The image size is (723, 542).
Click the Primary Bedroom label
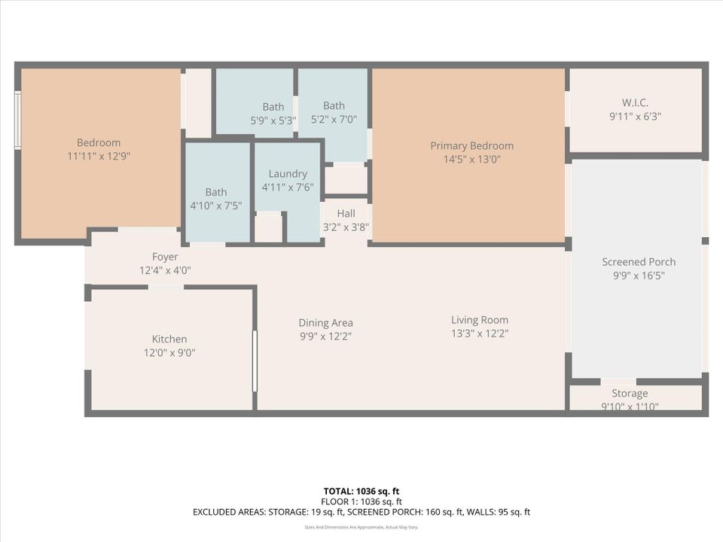[x=471, y=146]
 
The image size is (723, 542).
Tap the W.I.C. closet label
[x=635, y=102]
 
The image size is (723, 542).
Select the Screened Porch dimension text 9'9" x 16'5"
[x=638, y=276]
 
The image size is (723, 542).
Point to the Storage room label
[x=629, y=393]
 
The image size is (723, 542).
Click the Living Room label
[x=479, y=320]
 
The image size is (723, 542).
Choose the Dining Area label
[x=325, y=323]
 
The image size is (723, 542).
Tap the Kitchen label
[x=169, y=339]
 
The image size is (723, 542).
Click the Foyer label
[x=165, y=257]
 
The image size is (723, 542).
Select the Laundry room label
[x=287, y=173]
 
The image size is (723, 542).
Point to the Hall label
[x=346, y=214]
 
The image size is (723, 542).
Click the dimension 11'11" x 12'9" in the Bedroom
[x=99, y=157]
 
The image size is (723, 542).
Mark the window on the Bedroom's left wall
[x=17, y=120]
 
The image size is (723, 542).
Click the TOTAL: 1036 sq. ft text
[x=361, y=490]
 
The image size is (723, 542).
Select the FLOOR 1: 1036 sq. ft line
[x=361, y=501]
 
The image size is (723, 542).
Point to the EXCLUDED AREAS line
[x=361, y=513]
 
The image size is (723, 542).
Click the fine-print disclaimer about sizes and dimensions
[x=361, y=528]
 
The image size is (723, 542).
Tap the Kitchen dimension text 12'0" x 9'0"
[x=169, y=352]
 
